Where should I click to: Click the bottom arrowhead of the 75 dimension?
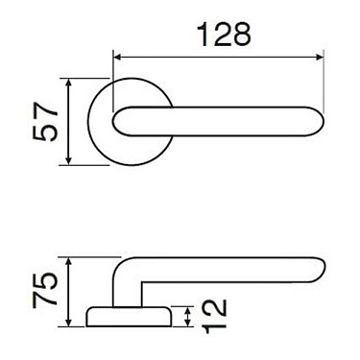tap(70, 325)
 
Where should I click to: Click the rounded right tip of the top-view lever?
tap(321, 123)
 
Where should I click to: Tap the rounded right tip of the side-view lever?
tap(321, 272)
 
